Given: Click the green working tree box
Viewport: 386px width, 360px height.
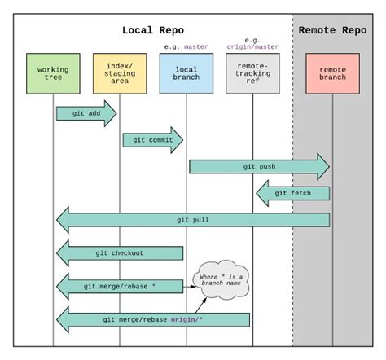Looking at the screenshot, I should (53, 74).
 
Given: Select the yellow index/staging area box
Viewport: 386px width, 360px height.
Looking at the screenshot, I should (120, 74).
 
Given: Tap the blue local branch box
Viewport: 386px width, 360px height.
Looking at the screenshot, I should (186, 74).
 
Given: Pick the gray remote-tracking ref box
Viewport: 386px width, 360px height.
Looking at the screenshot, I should (252, 74).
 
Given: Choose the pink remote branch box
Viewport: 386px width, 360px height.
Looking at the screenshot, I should (332, 74).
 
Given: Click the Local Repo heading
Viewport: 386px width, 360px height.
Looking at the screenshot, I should (154, 30).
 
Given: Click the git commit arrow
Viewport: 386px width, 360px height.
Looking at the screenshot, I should (152, 140).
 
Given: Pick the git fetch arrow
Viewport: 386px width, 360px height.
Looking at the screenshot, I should (293, 193).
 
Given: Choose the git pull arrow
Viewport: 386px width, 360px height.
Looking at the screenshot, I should (193, 220).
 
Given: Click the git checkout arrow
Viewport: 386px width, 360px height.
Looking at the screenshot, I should (120, 253).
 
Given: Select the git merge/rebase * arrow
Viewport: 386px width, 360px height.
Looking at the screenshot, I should (120, 286).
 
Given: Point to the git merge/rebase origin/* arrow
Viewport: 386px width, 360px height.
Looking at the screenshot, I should (153, 319).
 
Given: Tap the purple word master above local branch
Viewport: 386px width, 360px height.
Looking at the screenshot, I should (195, 46).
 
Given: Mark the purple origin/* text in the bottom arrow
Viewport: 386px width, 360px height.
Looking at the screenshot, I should (186, 319).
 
